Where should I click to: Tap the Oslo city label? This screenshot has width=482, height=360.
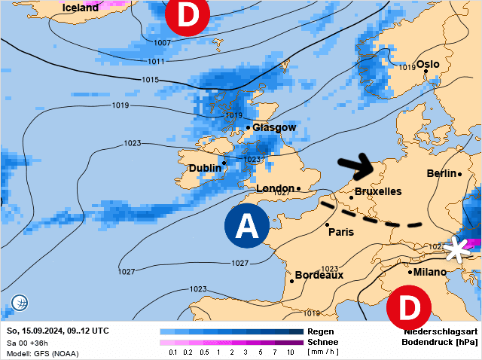[x=428, y=65]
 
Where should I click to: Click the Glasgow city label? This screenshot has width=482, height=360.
[x=274, y=127]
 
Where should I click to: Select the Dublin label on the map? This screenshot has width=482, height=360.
[x=205, y=167]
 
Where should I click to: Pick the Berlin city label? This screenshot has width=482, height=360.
[x=441, y=174]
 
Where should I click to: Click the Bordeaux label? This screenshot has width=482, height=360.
[x=319, y=276]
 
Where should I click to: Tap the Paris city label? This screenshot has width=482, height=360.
[x=341, y=232]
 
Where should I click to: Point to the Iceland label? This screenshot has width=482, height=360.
[x=81, y=8]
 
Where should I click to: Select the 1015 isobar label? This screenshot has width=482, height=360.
[x=151, y=80]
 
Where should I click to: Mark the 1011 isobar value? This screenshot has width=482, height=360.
[x=156, y=61]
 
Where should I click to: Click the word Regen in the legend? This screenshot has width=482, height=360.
[x=320, y=331]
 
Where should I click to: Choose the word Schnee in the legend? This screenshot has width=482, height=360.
[x=322, y=342]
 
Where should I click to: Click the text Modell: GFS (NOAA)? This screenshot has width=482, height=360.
[x=41, y=352]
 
